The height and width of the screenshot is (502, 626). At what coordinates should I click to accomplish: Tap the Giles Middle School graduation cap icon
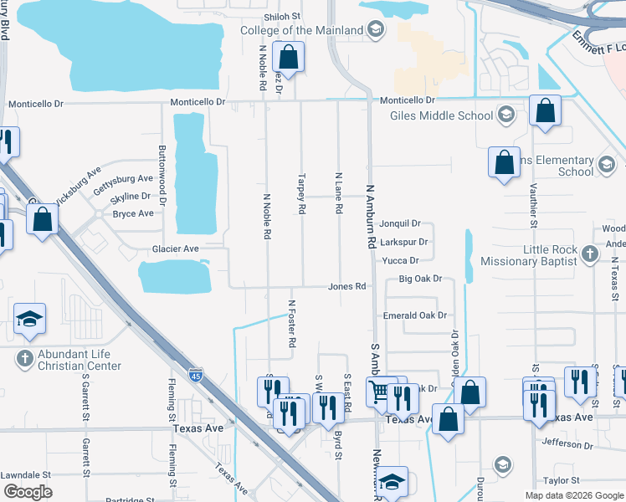point(505,115)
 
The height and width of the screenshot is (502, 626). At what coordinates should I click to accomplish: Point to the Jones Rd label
point(347,286)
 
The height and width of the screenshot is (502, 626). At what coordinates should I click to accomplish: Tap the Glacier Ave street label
point(175,248)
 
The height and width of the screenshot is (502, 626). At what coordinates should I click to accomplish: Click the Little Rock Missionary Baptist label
point(529,255)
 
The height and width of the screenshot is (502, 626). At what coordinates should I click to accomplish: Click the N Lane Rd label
point(339,194)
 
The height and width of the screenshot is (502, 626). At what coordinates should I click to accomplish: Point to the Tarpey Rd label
point(301,194)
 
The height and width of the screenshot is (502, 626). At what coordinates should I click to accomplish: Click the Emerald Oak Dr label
point(415,315)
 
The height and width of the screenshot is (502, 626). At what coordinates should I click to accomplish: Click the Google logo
point(28,491)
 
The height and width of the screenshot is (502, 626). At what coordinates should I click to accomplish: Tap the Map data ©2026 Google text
point(573,495)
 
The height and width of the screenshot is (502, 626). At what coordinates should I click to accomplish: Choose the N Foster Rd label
point(292,325)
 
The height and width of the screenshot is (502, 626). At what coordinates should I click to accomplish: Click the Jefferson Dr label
point(567,443)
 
